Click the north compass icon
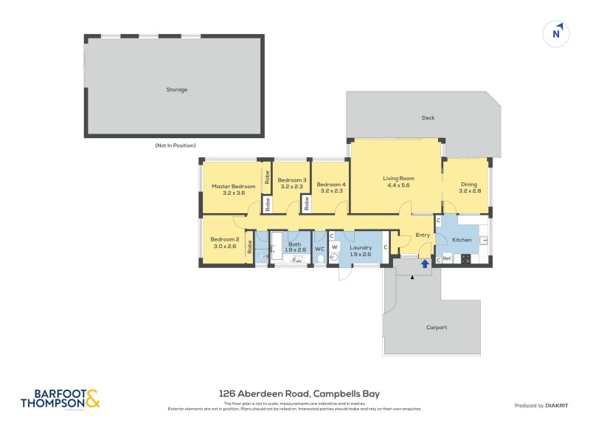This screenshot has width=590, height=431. pyautogui.click(x=557, y=32)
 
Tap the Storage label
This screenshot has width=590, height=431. pyautogui.click(x=176, y=89)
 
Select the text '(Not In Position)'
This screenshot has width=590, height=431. pyautogui.click(x=175, y=145)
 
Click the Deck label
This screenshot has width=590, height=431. pyautogui.click(x=428, y=117)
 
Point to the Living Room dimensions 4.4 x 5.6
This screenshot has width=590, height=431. pyautogui.click(x=398, y=185)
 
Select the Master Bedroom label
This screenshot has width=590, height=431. pyautogui.click(x=233, y=186)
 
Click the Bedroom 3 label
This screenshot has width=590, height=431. pyautogui.click(x=291, y=180)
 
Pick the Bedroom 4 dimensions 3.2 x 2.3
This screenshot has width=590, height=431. pyautogui.click(x=330, y=191)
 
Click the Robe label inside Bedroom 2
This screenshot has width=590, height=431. pyautogui.click(x=251, y=247)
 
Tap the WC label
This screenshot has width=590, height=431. pyautogui.click(x=319, y=249)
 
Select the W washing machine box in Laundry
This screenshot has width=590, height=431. pyautogui.click(x=334, y=246)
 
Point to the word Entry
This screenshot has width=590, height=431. pyautogui.click(x=423, y=235)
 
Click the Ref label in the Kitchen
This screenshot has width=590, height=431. pyautogui.click(x=447, y=259)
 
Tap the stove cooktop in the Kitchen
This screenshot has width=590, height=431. pyautogui.click(x=466, y=259)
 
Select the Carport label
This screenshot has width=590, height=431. pyautogui.click(x=437, y=327)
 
